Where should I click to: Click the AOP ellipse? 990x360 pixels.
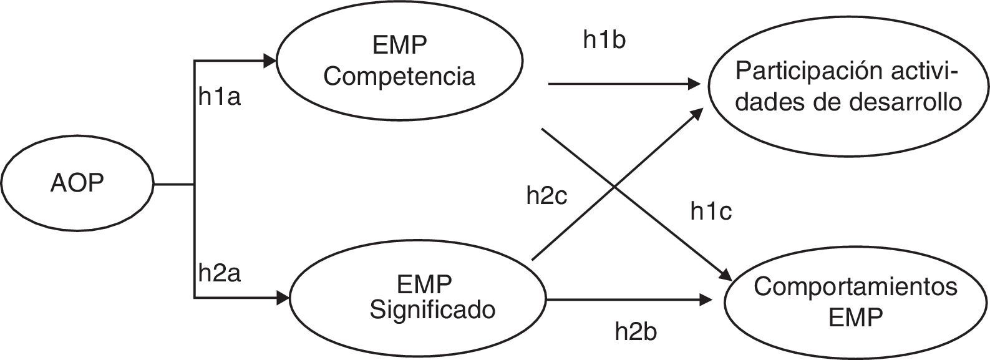coord(77,185)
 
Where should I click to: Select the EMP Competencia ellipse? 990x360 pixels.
coord(399,61)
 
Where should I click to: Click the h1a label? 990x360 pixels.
coord(220,98)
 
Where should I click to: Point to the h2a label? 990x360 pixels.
coord(220,273)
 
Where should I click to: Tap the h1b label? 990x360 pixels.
coord(604,40)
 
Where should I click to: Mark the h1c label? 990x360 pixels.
coord(711,212)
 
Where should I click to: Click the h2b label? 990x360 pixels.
coord(636,331)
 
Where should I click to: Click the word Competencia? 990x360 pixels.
coord(399,76)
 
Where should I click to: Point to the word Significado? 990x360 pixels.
coord(432,309)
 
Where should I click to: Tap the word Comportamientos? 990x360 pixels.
coord(855,288)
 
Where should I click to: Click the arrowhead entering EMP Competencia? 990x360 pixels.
coord(270,61)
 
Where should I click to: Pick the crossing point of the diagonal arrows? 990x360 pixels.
coord(615,187)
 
